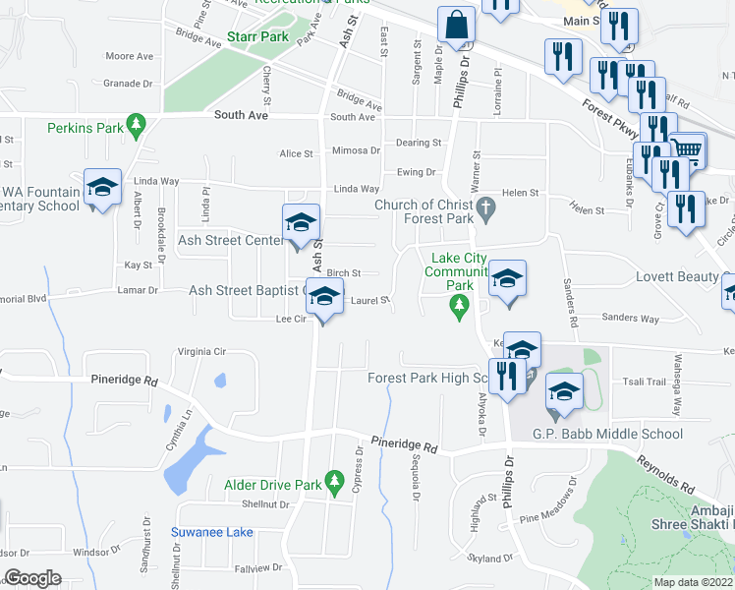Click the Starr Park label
257,36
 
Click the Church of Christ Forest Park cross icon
485,206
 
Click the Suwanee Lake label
212,532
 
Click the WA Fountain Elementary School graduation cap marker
101,189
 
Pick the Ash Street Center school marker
301,222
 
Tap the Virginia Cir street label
201,351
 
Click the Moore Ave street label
129,57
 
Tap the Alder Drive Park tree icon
334,481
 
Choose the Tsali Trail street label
644,382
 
